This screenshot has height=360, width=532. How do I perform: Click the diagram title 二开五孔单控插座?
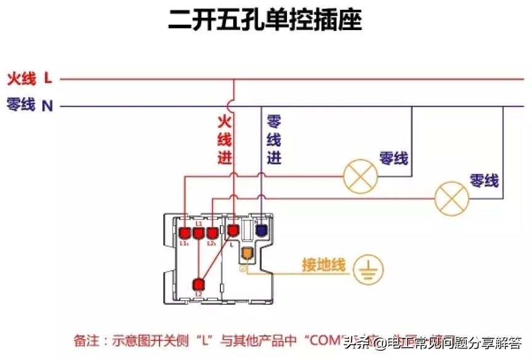[x=265, y=20]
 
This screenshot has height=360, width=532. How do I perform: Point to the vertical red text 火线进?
[x=225, y=138]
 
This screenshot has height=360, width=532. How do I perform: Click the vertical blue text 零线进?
[x=274, y=138]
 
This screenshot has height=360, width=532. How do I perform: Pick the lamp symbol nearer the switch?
[x=360, y=176]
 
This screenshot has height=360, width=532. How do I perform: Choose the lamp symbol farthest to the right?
[x=452, y=198]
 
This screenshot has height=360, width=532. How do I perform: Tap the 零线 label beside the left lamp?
[x=394, y=158]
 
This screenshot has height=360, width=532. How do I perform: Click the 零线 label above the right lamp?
[x=484, y=181]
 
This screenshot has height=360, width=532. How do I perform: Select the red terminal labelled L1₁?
[x=185, y=233]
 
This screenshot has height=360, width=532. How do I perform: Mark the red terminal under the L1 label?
[x=198, y=233]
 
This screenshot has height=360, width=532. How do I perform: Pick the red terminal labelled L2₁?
[x=212, y=233]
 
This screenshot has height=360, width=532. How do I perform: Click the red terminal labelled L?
[x=233, y=231]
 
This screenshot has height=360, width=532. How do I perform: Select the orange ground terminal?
[x=247, y=253]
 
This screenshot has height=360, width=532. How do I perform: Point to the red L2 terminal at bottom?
[x=198, y=284]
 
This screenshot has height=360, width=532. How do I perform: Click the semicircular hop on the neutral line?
[x=232, y=105]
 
